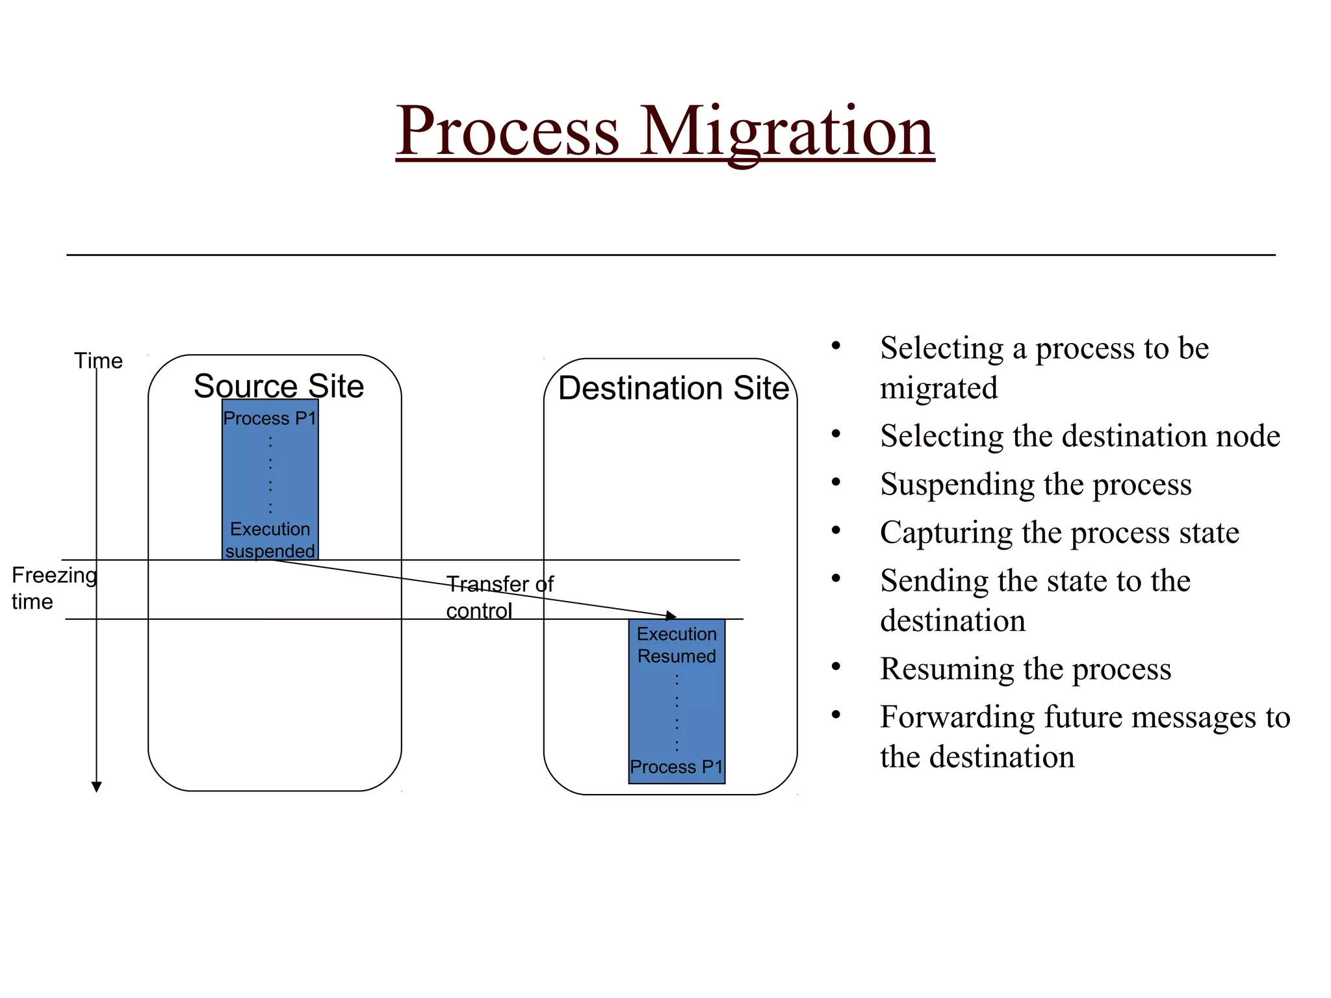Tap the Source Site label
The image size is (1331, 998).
point(279,386)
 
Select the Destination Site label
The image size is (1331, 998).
point(673,389)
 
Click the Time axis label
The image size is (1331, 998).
point(98,361)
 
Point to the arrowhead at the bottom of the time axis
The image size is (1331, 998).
point(97,787)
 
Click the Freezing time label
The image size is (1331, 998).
point(53,588)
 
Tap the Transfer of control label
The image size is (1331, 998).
point(499,597)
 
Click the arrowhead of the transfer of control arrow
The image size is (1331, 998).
point(671,615)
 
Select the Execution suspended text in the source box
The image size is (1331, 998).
point(270,540)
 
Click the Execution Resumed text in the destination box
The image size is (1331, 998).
point(677,645)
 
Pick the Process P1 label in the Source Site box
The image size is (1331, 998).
point(270,418)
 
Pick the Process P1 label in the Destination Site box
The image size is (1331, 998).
point(676,767)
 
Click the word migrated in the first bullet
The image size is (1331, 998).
point(938,389)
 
